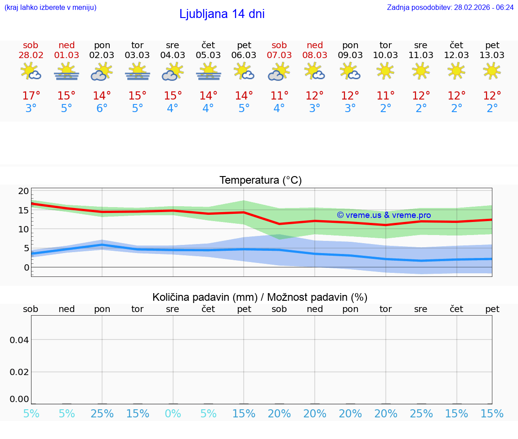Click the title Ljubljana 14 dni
[222, 14]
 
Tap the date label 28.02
[31, 55]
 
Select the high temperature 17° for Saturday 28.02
[31, 96]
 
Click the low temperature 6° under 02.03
[102, 109]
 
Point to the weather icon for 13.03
[492, 71]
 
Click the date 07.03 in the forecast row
[279, 55]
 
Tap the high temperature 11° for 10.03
[385, 96]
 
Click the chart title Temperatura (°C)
[260, 181]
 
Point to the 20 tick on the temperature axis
[23, 191]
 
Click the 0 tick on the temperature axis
[27, 267]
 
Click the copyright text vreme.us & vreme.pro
[384, 215]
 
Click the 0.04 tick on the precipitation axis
[19, 340]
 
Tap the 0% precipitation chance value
[173, 413]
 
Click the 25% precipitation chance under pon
[102, 413]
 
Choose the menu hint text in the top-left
[50, 7]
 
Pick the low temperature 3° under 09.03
[350, 109]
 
